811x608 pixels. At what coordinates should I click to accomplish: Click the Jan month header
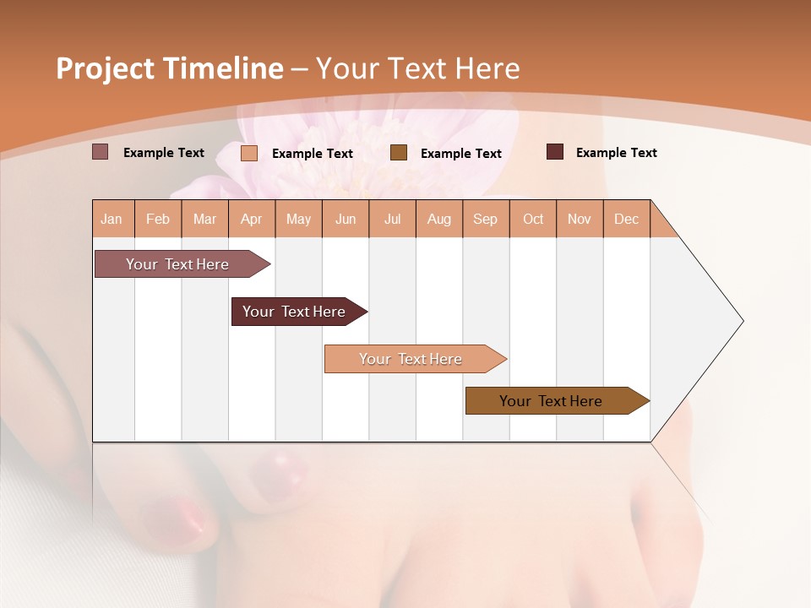pos(112,219)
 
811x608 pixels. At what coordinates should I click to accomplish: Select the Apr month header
pos(252,219)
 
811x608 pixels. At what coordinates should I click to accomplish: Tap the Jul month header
pos(392,219)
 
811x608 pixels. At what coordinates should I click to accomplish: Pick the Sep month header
pos(485,219)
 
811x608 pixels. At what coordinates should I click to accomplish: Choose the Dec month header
pos(626,219)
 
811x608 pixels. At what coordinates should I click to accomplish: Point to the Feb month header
pos(158,219)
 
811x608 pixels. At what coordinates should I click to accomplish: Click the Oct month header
pos(533,219)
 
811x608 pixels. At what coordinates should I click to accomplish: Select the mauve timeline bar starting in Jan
pos(177,264)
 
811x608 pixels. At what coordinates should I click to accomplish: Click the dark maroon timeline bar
pos(294,312)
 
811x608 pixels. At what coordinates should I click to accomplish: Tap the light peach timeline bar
pos(411,359)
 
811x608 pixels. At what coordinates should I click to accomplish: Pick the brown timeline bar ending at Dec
pos(551,401)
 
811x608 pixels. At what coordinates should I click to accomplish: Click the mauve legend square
pos(101,152)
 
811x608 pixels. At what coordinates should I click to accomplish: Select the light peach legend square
pos(249,153)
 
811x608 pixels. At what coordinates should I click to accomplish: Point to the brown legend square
pos(399,153)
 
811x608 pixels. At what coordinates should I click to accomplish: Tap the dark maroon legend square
pos(555,152)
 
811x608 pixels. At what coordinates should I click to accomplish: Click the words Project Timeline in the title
pos(169,68)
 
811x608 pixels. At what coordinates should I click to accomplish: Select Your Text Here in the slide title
pos(417,68)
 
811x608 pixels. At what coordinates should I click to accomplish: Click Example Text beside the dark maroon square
pos(616,153)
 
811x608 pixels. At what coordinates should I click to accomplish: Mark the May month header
pos(298,219)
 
